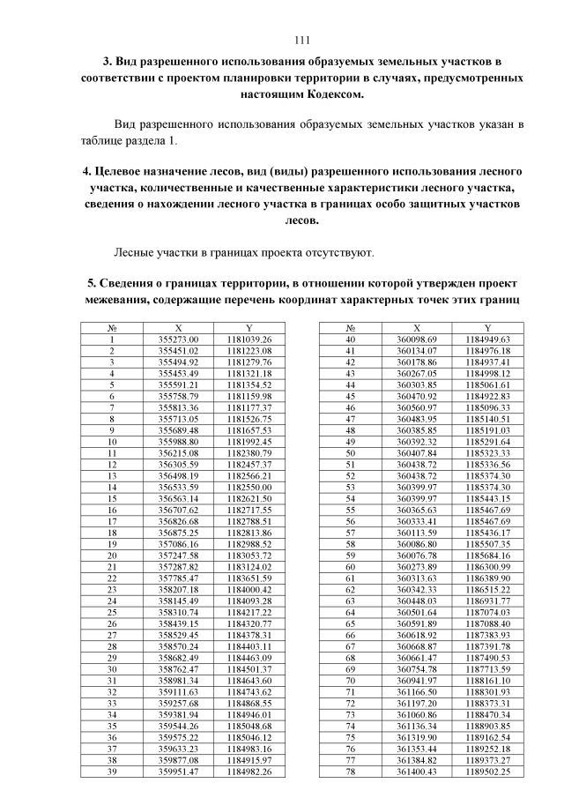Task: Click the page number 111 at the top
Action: pyautogui.click(x=302, y=41)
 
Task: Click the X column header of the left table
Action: pyautogui.click(x=179, y=327)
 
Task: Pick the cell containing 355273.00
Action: pyautogui.click(x=179, y=339)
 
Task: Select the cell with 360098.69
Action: pyautogui.click(x=417, y=339)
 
